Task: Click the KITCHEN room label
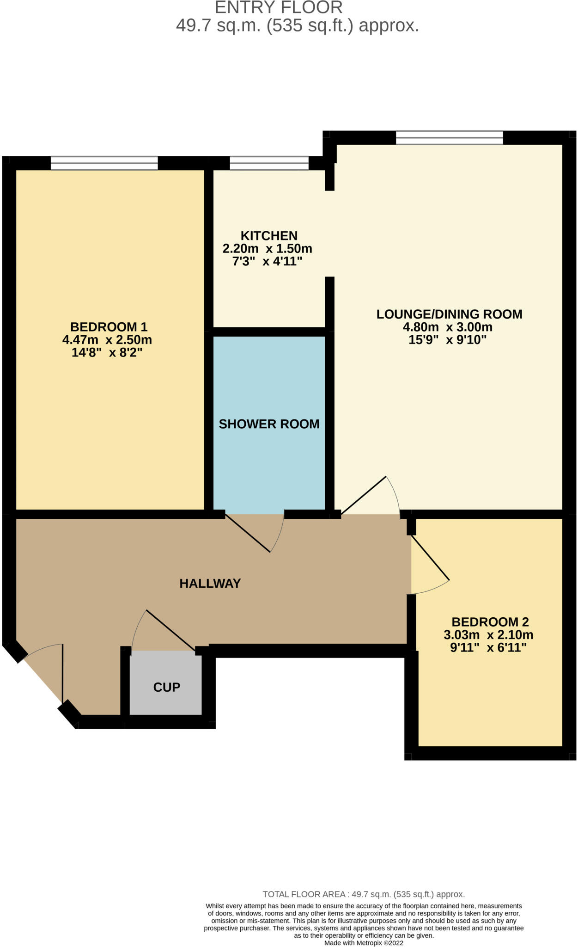269,236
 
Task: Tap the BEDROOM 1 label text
109,327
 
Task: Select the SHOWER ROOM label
269,424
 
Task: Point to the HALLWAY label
210,584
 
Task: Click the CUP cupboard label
166,687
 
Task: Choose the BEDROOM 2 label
490,622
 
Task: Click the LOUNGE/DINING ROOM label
449,314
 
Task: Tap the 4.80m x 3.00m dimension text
447,327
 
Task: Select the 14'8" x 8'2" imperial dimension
107,353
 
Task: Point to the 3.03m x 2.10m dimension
488,635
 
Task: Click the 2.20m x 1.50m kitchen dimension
267,249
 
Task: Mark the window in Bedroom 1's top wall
104,163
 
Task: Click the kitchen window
269,163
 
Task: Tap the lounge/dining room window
449,138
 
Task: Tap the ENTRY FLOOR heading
279,7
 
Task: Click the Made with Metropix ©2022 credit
364,943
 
